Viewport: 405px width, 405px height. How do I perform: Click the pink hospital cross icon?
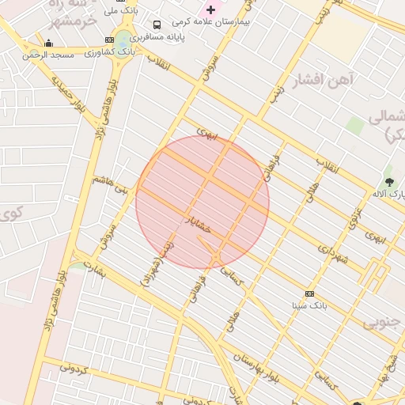(x=210, y=9)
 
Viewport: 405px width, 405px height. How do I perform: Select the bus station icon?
(x=157, y=25)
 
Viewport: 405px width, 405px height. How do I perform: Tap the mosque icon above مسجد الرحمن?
(x=49, y=44)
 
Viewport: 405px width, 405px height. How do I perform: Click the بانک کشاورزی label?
(x=109, y=51)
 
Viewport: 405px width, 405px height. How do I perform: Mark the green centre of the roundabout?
(x=123, y=39)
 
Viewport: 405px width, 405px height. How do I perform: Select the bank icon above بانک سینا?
(x=309, y=293)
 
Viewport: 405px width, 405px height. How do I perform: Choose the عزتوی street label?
(x=356, y=214)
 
